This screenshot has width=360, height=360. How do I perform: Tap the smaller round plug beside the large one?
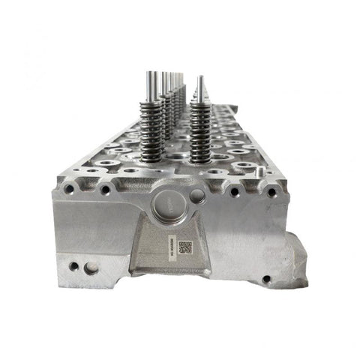pos(197,196)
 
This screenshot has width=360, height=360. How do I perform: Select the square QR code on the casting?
pos(185,247)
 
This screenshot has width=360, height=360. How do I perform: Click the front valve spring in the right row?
pos(200,131)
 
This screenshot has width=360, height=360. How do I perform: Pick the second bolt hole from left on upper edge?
pos(106,190)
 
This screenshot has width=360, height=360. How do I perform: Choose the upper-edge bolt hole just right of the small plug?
pos(234,192)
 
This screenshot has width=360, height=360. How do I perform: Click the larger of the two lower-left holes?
pos(90,267)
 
